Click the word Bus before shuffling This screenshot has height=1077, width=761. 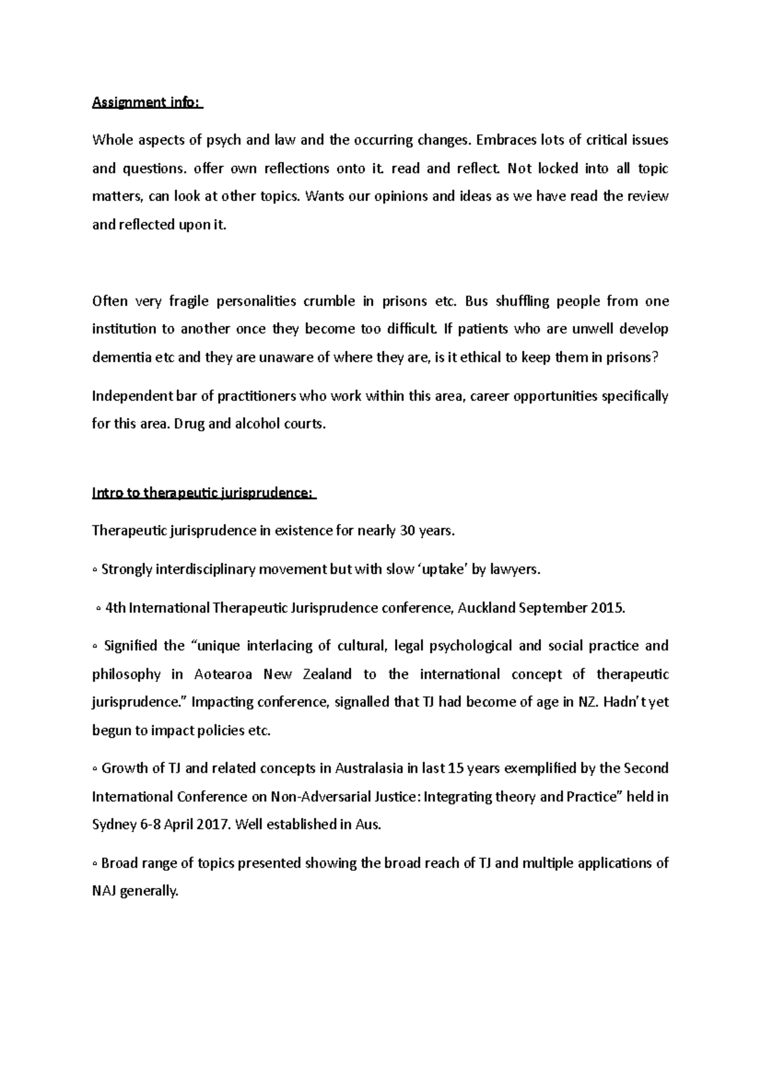point(476,301)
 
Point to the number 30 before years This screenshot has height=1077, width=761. point(407,530)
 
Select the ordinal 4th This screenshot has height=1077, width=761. point(115,608)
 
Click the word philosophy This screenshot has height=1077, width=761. point(125,674)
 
